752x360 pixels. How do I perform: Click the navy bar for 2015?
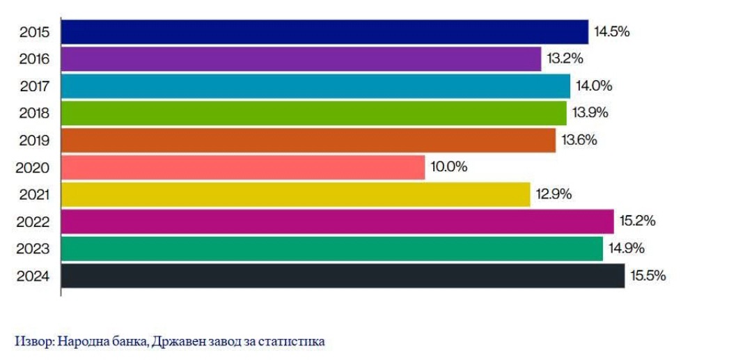coord(324,32)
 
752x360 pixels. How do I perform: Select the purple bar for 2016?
coord(301,59)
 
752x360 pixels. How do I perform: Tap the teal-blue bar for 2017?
coord(315,86)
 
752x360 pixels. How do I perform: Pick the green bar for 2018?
coord(313,113)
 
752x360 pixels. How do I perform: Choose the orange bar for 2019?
coord(308,140)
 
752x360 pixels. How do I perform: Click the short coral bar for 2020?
coord(242,167)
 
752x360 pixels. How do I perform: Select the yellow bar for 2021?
coord(295,194)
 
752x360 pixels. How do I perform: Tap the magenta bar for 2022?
coord(337,221)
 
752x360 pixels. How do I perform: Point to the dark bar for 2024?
coord(343,276)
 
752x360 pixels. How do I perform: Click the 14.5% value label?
coord(611,32)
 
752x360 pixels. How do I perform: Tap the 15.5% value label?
coord(648,276)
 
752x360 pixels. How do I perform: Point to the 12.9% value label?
coord(554,194)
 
